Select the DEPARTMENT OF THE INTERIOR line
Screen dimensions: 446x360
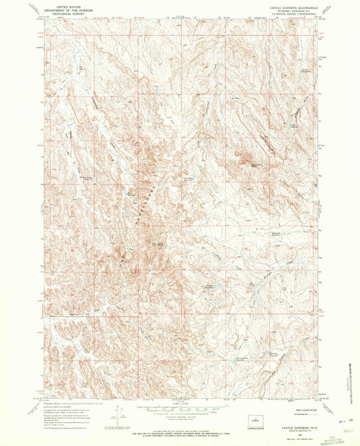67,7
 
